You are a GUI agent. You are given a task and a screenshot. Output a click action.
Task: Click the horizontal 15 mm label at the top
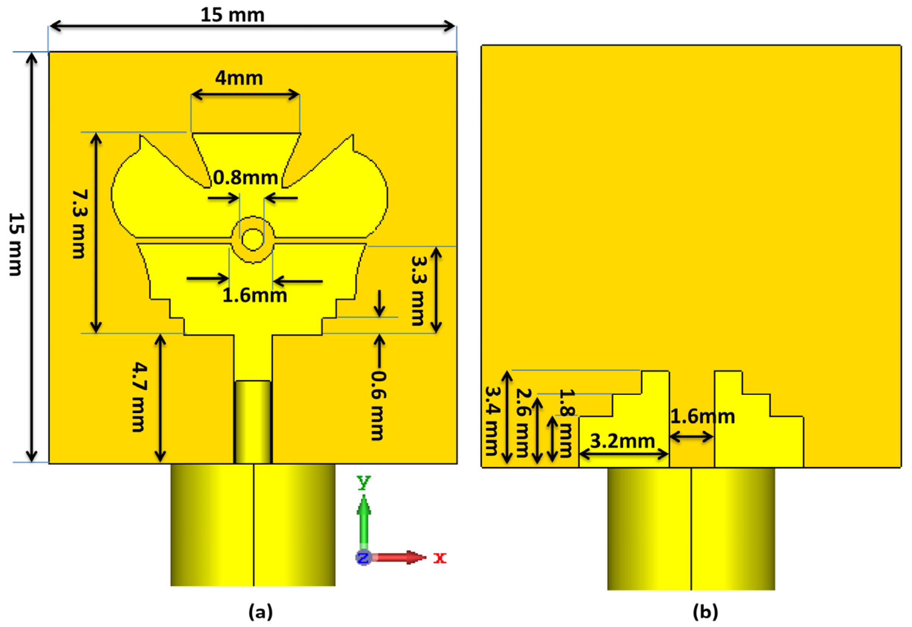(x=232, y=15)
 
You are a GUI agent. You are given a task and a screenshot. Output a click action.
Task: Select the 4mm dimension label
(x=239, y=78)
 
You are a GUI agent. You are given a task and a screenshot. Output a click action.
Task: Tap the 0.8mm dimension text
(x=246, y=178)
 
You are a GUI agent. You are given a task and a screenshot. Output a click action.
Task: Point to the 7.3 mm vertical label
(x=80, y=224)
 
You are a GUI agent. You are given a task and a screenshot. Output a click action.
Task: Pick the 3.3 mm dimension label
(x=418, y=291)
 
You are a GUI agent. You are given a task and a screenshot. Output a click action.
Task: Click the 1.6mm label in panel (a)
(x=254, y=296)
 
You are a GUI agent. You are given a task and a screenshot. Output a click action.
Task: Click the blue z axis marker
(x=363, y=557)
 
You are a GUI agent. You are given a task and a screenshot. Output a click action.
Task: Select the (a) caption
(x=260, y=612)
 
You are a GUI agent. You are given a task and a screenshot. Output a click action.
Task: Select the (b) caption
(x=705, y=612)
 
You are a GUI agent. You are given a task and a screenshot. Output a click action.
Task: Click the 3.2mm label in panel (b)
(x=622, y=441)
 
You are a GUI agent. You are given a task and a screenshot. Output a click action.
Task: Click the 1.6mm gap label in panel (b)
(x=702, y=417)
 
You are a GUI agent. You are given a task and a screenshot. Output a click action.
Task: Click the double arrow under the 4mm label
(x=246, y=94)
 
